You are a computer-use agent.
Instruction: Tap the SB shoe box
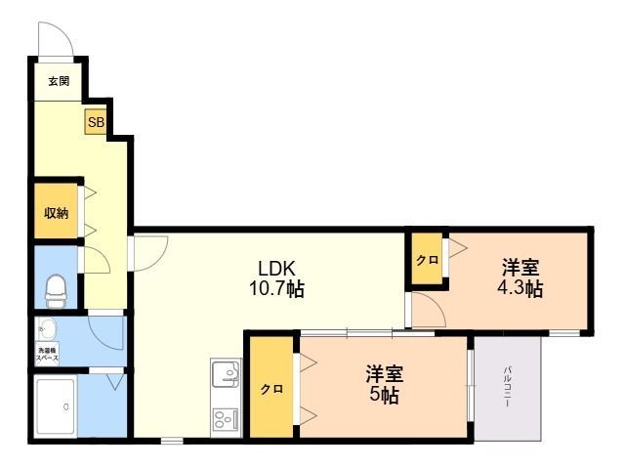tap(96, 123)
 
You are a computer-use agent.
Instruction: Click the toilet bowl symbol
tap(56, 287)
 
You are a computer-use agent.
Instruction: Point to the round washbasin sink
tap(47, 328)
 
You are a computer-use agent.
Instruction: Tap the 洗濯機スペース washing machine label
tap(48, 353)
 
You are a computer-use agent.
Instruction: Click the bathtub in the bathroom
tap(56, 405)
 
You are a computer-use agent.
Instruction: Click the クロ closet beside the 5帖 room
tap(271, 388)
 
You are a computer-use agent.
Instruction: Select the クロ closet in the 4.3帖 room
tap(427, 260)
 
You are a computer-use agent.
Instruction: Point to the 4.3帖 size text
tap(519, 289)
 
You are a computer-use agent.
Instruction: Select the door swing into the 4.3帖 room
tap(430, 312)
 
